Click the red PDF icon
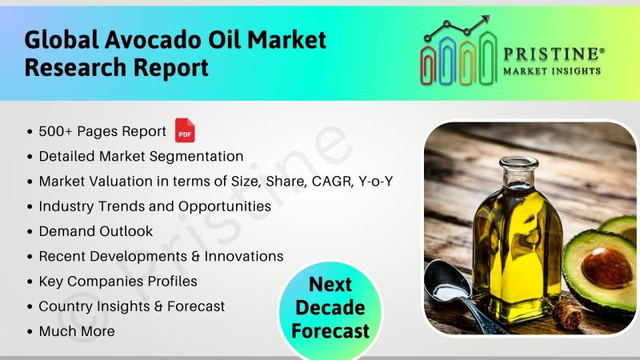click(x=185, y=130)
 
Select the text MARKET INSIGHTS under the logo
click(x=552, y=71)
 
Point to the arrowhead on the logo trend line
click(x=485, y=20)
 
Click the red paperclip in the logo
click(x=428, y=66)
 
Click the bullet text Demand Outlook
click(x=96, y=231)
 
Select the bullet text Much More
click(x=77, y=331)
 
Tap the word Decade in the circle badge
click(x=330, y=308)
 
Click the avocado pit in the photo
click(x=606, y=268)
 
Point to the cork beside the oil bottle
click(x=568, y=314)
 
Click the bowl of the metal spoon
click(x=448, y=281)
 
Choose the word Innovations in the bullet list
click(x=244, y=256)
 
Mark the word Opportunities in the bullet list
click(x=225, y=207)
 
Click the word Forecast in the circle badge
click(x=330, y=331)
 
